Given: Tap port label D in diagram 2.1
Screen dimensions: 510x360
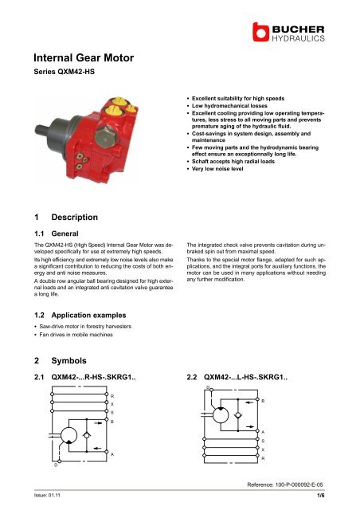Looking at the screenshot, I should [x=55, y=464].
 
